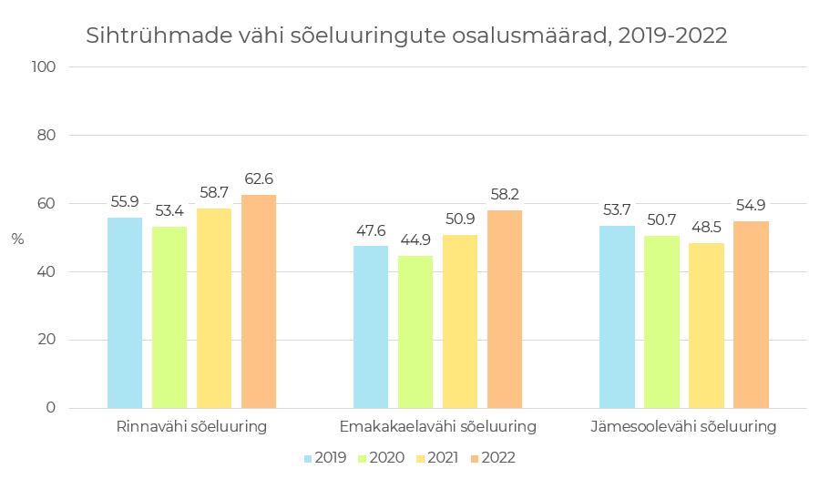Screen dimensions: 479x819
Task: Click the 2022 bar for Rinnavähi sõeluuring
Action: [x=259, y=301]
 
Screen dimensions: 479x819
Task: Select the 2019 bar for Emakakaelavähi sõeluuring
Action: [x=371, y=327]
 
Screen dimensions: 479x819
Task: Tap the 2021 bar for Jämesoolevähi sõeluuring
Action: [x=706, y=325]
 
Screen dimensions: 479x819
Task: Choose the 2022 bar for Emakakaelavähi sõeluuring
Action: [x=505, y=309]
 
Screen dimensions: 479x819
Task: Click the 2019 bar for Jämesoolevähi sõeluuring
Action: [x=617, y=316]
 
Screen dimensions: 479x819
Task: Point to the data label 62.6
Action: [x=259, y=179]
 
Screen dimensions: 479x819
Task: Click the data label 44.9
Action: [x=415, y=240]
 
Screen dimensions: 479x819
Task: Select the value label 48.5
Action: [x=706, y=228]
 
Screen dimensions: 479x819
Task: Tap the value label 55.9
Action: [x=125, y=202]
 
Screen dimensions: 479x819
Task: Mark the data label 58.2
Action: [x=505, y=195]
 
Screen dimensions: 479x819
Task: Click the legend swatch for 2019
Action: [x=308, y=458]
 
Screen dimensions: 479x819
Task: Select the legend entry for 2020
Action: [x=380, y=458]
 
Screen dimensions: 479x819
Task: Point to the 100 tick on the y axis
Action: [x=44, y=67]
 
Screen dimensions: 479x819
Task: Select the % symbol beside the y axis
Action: [x=17, y=239]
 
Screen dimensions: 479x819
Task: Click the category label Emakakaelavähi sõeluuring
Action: [x=437, y=426]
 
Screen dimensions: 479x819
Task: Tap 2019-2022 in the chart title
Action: [x=672, y=36]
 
